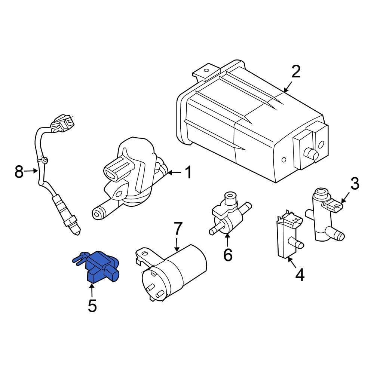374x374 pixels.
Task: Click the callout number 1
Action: tap(188, 173)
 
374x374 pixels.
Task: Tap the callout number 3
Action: tap(354, 184)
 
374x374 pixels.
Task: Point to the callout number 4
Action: tap(300, 275)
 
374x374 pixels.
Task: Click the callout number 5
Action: tap(92, 306)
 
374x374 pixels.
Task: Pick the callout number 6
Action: tap(227, 255)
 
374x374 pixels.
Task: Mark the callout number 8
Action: tap(19, 172)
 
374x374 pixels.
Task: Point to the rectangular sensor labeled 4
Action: tap(284, 236)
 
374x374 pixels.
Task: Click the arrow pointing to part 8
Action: tap(32, 172)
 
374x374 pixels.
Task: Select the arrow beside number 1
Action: tap(174, 173)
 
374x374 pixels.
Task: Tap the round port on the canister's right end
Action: tap(310, 153)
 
